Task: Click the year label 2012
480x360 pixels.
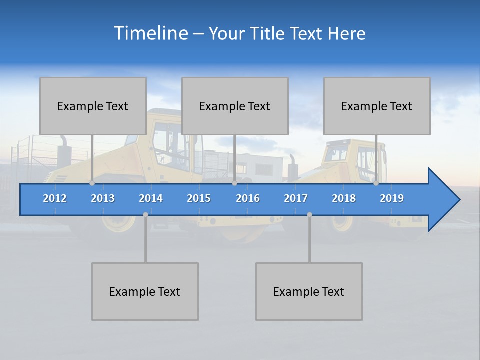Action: coord(55,198)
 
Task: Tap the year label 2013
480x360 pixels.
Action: coord(103,198)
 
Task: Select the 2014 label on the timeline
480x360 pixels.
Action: coord(151,198)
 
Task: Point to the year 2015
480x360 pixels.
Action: coord(199,198)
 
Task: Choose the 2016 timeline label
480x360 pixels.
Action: coord(248,198)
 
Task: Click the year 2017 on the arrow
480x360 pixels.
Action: coord(296,198)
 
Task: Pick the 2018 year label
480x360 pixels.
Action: coord(344,198)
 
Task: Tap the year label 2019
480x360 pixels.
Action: coord(392,198)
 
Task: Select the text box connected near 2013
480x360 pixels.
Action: coord(93,106)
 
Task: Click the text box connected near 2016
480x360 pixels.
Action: coord(235,106)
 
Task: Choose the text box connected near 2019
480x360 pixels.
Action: coord(377,106)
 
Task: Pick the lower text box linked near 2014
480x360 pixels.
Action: coord(145,291)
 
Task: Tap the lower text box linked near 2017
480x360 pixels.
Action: coord(309,291)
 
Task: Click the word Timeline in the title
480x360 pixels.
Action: coord(150,33)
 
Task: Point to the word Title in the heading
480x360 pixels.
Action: coord(270,33)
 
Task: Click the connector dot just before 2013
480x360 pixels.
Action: coord(92,183)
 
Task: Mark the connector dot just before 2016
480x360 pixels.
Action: coord(234,183)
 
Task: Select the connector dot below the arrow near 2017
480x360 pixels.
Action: coord(309,214)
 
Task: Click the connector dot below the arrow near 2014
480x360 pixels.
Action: coord(145,214)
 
